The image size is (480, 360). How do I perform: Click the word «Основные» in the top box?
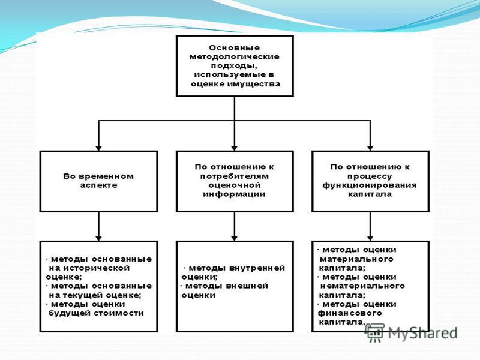coord(235,48)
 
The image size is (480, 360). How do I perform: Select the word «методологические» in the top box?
coord(235,57)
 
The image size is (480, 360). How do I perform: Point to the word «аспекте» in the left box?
coord(98,185)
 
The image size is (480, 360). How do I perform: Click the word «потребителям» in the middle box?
coord(235,176)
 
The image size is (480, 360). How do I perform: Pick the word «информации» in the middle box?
coord(234,194)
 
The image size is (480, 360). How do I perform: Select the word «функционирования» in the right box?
coord(370,185)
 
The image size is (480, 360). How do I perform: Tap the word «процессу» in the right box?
coord(370,176)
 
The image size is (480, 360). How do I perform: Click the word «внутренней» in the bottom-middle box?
coord(257,268)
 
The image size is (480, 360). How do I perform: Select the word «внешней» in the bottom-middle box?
coord(247,286)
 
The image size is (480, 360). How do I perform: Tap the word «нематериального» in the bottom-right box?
coord(362,286)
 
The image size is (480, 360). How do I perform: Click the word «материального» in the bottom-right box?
coord(356,259)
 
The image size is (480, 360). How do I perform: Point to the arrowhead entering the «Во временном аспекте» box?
coord(98,148)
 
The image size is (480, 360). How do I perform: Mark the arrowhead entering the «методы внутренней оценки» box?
coord(235,238)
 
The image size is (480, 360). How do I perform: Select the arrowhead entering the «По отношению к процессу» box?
coord(370,148)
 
